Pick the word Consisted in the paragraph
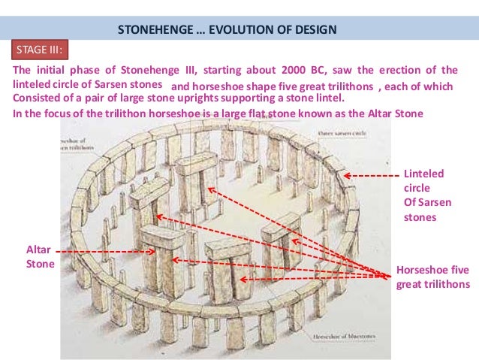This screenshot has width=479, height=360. [x=40, y=99]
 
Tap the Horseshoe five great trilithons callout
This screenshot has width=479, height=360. [x=433, y=277]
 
